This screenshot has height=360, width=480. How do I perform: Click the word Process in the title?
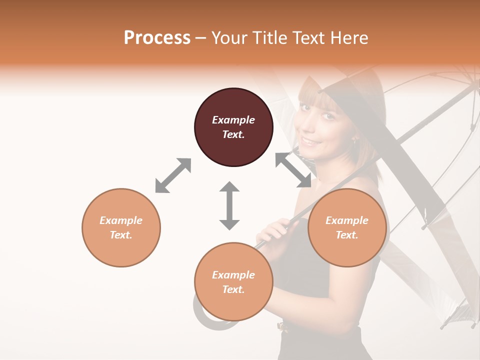pos(157,38)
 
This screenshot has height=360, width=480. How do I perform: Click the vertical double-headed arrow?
pos(229,205)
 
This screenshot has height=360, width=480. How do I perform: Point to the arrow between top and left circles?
pos(173,175)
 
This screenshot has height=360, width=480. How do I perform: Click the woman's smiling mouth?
pos(311,142)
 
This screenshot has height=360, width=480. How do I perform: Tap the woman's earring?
pos(355,141)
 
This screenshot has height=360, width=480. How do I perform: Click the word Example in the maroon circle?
pos(233,120)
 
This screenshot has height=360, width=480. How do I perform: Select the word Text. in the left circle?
pos(121,235)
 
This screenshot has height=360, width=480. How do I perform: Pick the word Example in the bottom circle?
pos(233,275)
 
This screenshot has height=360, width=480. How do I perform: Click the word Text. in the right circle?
pos(347,235)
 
